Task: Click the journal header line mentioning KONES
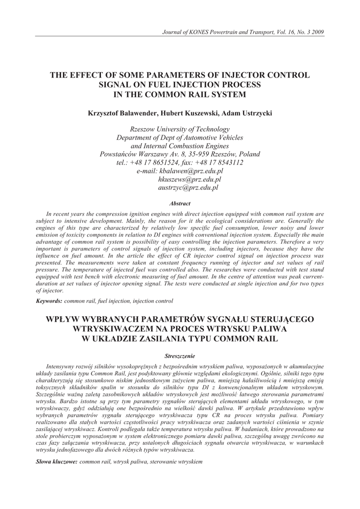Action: (x=244, y=32)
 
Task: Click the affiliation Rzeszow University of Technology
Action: (x=180, y=129)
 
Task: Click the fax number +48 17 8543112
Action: (x=221, y=163)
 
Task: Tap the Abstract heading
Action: (x=180, y=203)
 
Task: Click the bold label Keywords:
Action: (x=49, y=301)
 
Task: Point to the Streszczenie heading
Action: (x=180, y=356)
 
